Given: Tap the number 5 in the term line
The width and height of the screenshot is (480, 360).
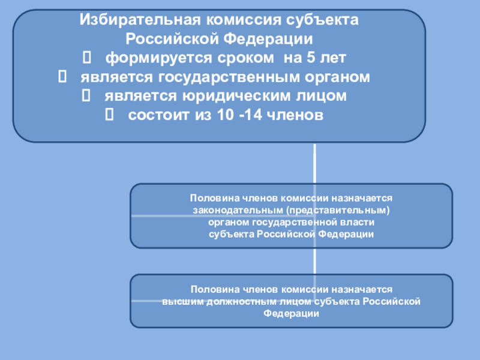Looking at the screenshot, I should (310, 58).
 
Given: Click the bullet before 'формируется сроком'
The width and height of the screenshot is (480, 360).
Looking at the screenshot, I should (86, 58).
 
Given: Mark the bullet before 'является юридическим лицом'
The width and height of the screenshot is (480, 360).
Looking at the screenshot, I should (85, 96).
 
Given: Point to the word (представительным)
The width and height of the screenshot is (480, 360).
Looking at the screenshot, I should (338, 210).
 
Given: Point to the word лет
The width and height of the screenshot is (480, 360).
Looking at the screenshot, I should (333, 58).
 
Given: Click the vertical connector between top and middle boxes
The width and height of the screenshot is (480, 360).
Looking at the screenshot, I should (315, 163).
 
